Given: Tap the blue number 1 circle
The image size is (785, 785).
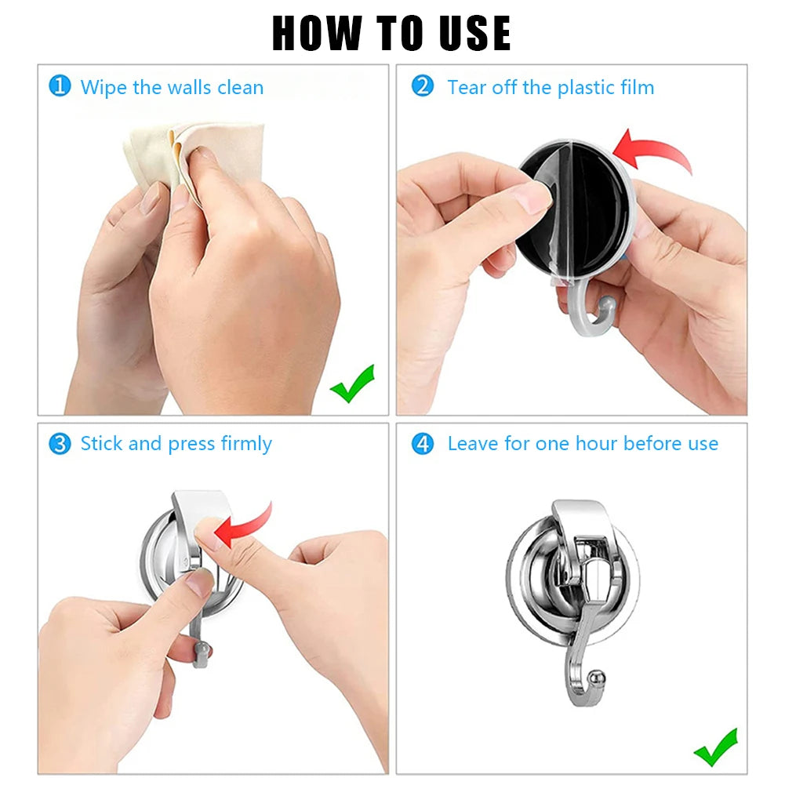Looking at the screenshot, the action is click(x=60, y=85).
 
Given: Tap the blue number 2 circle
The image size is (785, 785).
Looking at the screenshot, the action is click(x=423, y=85).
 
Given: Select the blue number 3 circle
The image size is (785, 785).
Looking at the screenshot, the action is click(x=60, y=444).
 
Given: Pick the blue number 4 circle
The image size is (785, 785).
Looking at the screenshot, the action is click(x=423, y=444).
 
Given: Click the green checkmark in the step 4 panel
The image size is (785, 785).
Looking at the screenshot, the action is click(x=715, y=747).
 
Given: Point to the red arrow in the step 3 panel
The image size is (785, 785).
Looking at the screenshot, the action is click(x=244, y=525).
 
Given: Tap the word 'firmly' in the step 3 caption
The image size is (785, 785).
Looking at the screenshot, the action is click(x=246, y=444).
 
